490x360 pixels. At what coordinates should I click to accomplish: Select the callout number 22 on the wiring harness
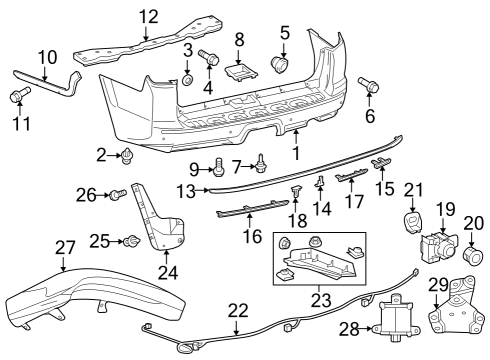click(x=237, y=310)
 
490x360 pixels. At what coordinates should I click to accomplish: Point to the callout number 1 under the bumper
click(x=295, y=153)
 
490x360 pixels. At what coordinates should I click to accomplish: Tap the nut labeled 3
click(x=187, y=78)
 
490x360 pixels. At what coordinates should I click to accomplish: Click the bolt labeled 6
click(x=373, y=87)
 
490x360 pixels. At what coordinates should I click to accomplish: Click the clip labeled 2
click(x=129, y=154)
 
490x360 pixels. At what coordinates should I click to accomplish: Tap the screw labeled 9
click(x=218, y=168)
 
